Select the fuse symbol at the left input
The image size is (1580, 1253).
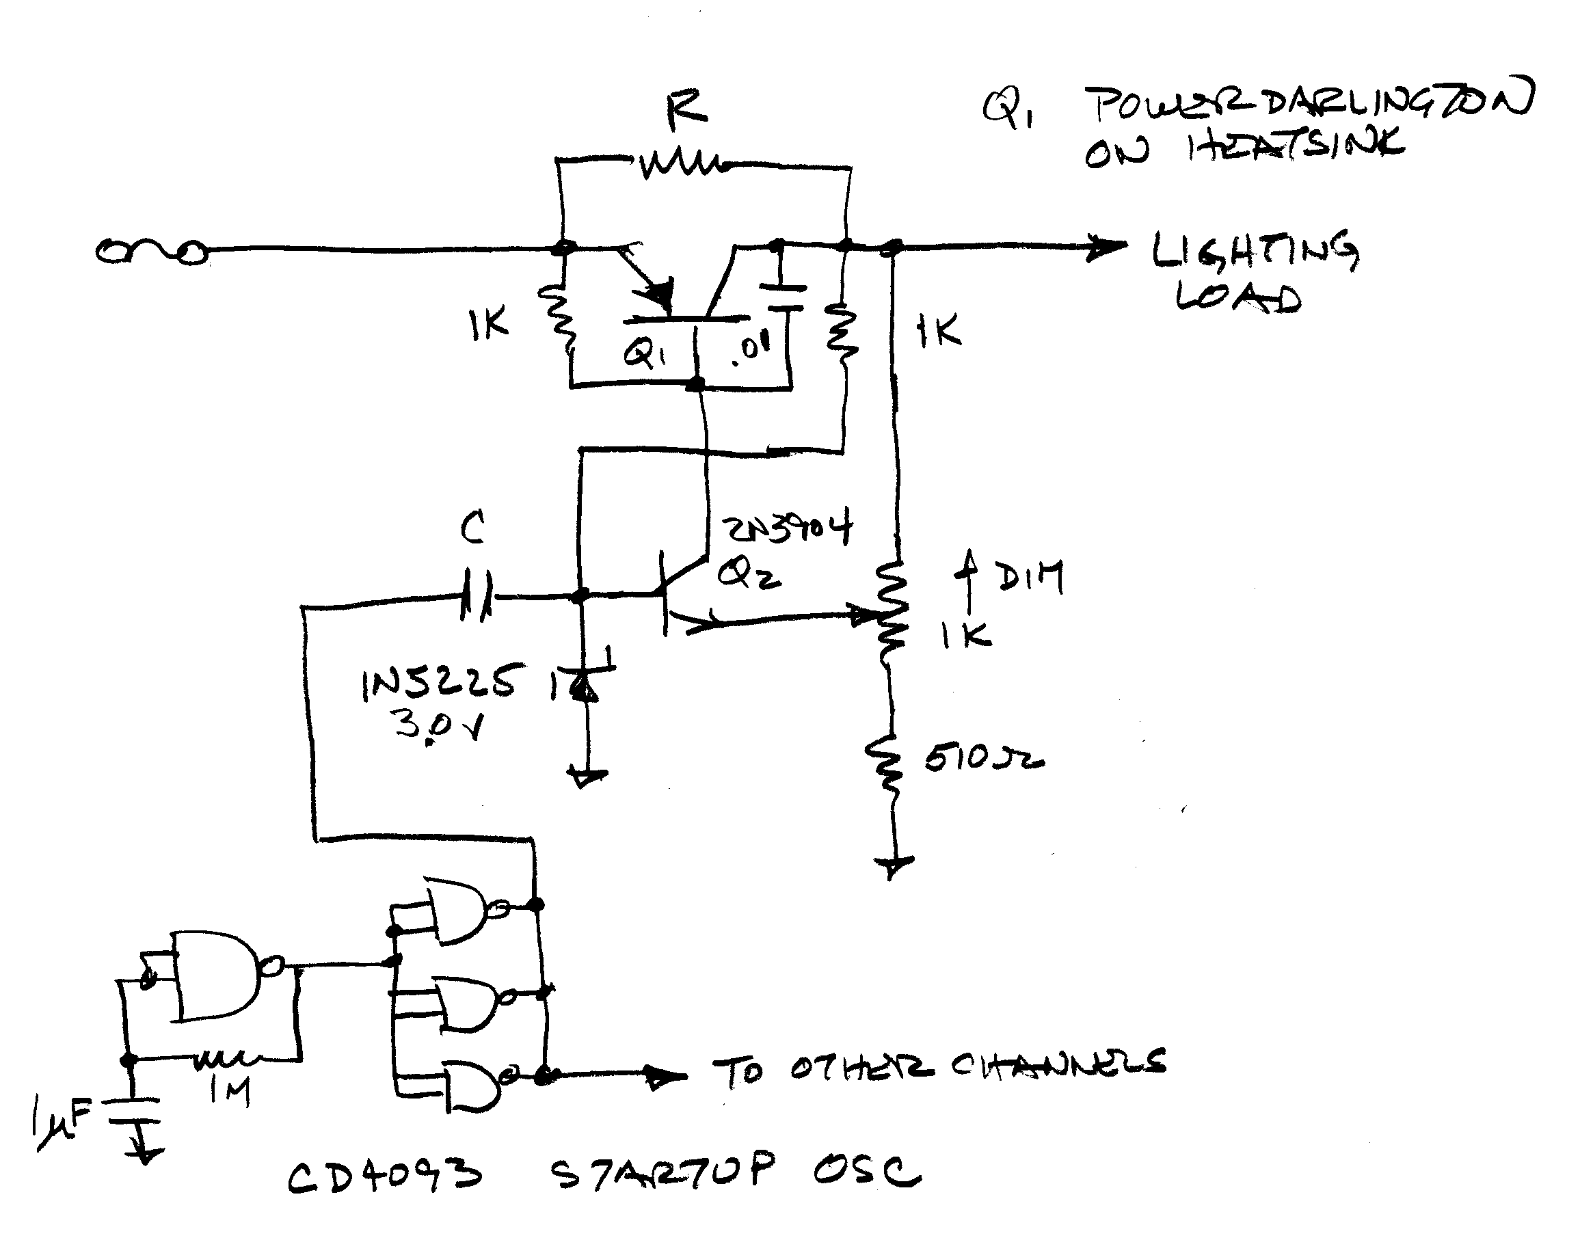(150, 252)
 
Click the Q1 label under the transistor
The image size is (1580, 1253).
(645, 355)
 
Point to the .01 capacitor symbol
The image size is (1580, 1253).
(784, 297)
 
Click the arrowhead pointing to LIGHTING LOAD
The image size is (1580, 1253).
(1108, 247)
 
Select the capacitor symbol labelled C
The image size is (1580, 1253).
(477, 597)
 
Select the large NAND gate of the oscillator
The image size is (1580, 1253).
(217, 975)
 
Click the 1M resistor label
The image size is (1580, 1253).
(230, 1090)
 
